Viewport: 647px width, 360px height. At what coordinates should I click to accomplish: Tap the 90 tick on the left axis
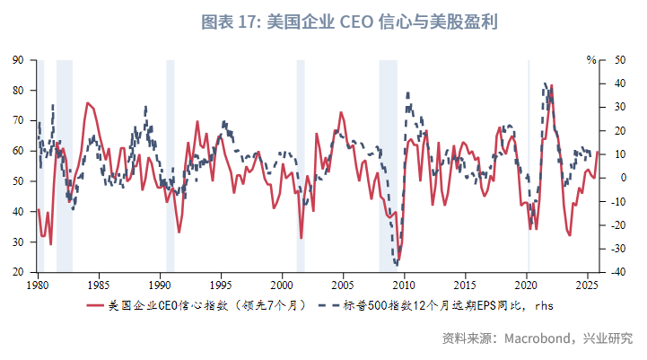[x=17, y=60]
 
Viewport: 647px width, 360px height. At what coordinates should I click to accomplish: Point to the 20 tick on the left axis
[x=17, y=272]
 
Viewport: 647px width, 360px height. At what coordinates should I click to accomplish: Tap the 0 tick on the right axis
[x=613, y=178]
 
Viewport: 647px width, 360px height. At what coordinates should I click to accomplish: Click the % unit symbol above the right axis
[x=591, y=60]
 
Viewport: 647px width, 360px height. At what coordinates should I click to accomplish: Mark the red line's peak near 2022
[x=552, y=85]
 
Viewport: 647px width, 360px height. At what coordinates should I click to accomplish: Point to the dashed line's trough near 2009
[x=396, y=265]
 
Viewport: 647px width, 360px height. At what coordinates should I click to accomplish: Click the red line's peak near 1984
[x=87, y=102]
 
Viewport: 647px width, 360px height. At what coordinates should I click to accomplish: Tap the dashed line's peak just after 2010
[x=408, y=92]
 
